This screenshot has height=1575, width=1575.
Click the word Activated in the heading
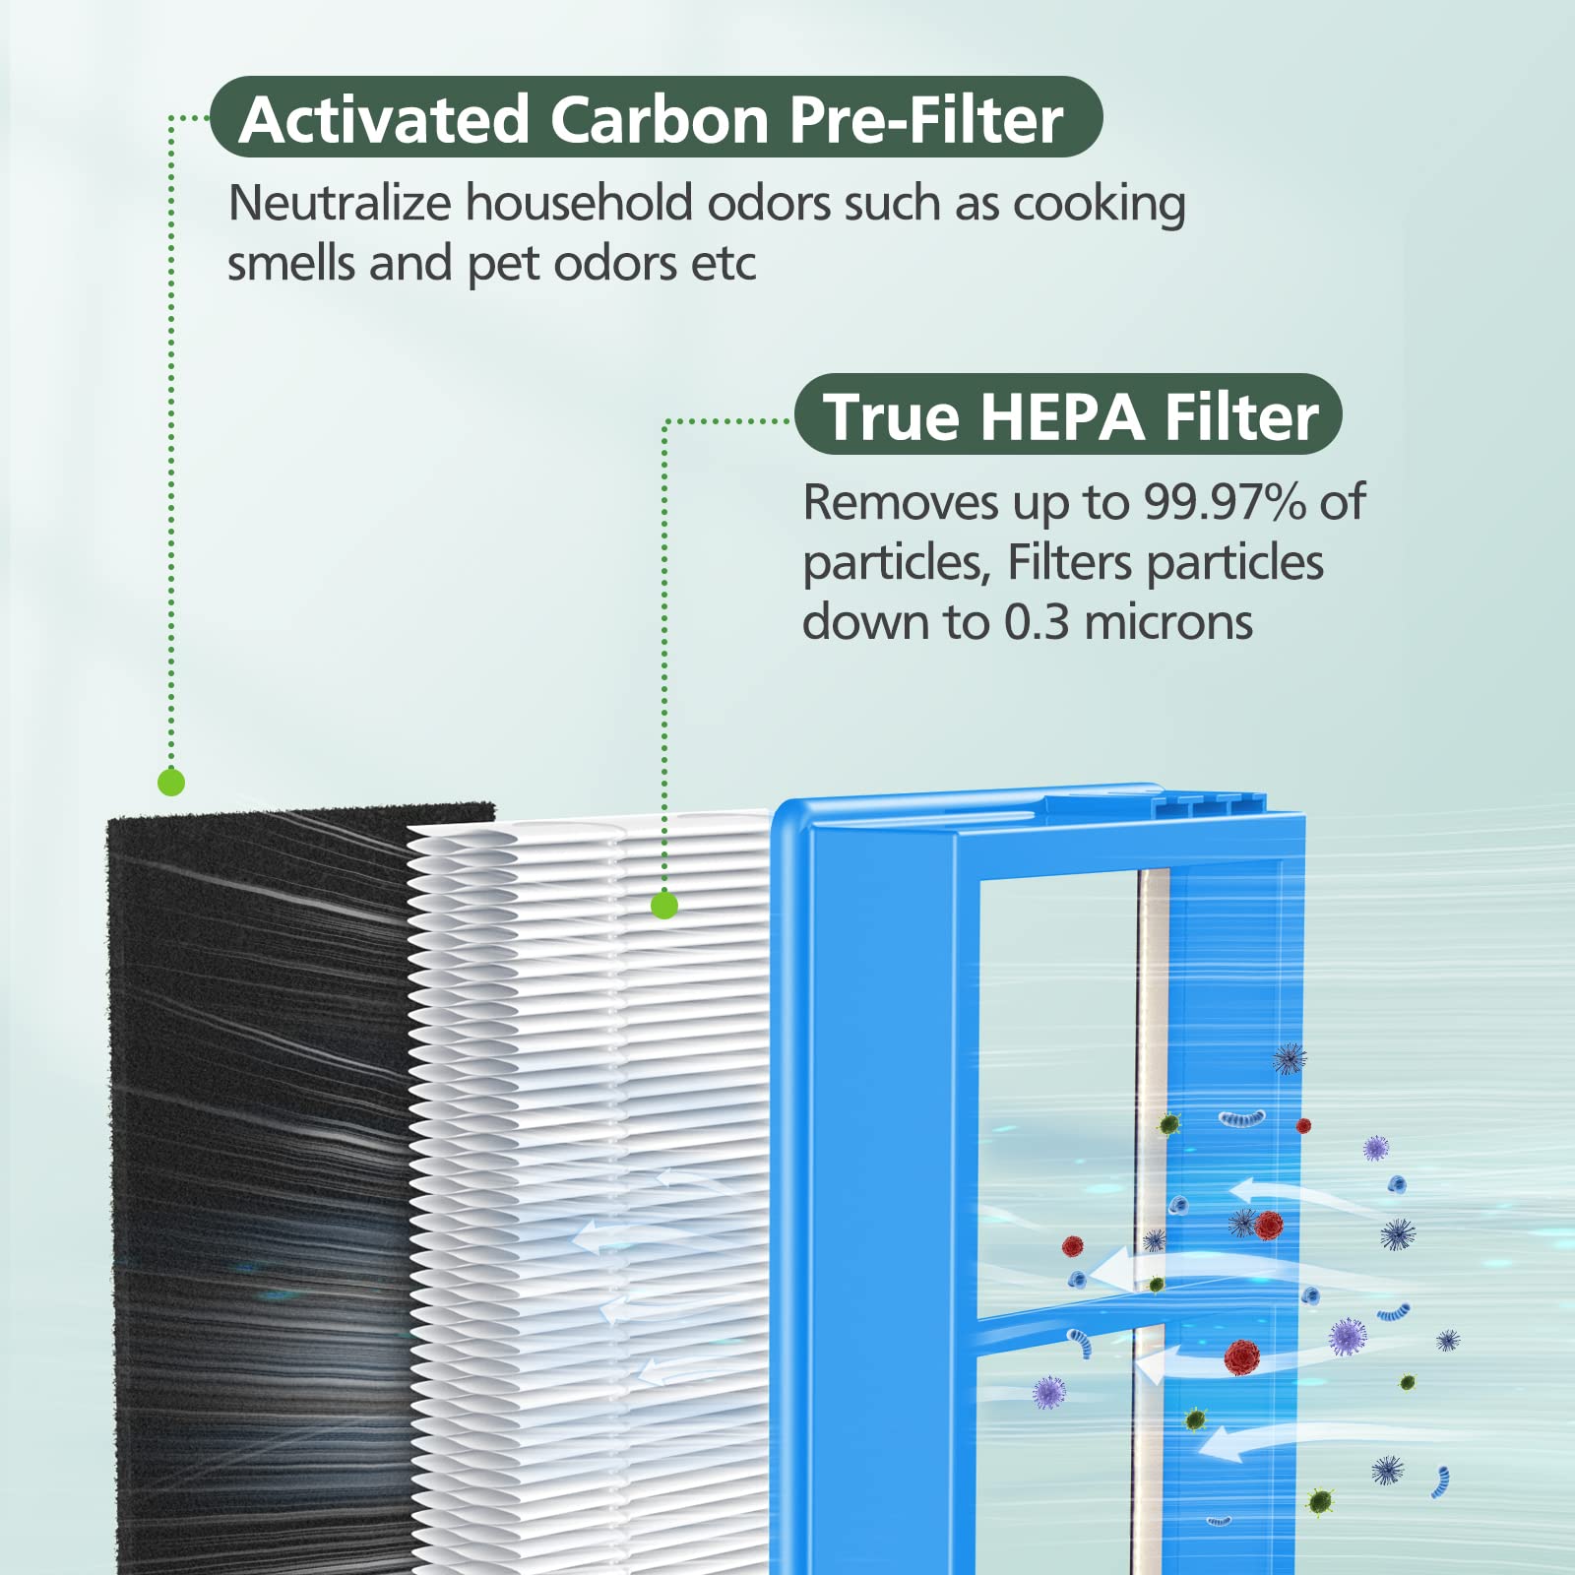coord(384,120)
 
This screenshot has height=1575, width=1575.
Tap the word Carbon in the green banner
coord(659,120)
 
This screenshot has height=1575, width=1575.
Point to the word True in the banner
coord(892,416)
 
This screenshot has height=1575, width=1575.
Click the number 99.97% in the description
coord(1225,502)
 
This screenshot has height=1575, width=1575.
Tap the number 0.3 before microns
coord(1036,622)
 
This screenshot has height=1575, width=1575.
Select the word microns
coord(1168,622)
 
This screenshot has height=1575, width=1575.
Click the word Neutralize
coord(340,203)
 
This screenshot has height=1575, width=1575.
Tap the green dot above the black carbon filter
coord(171,783)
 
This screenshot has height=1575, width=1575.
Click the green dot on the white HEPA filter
coord(664,905)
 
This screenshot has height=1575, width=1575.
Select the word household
coord(580,203)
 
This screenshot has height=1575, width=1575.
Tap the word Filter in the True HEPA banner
coord(1241,416)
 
